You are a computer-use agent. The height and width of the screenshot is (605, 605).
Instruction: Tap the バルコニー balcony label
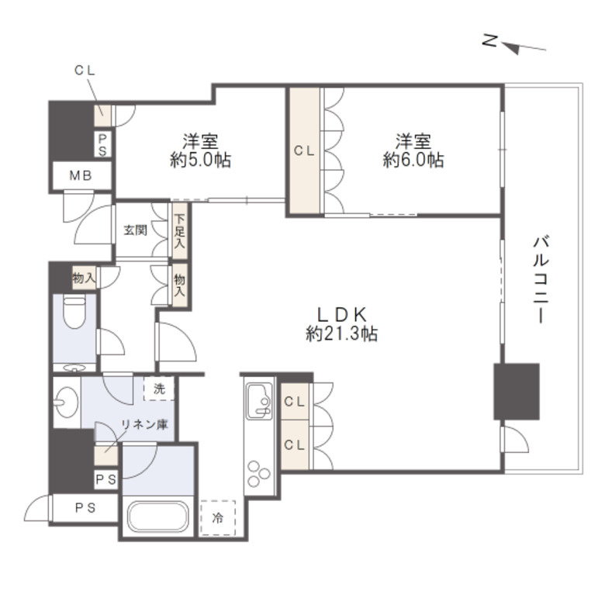(540, 279)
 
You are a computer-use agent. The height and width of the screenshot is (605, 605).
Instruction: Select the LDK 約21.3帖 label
(342, 324)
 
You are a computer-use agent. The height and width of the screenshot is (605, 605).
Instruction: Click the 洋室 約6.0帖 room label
(413, 151)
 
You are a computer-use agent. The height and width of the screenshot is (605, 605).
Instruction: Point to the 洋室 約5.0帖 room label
(200, 151)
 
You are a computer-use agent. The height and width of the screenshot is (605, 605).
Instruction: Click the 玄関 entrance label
(136, 230)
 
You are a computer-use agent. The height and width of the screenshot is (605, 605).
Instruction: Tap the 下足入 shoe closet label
(179, 231)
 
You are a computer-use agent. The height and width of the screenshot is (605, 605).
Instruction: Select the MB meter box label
(81, 176)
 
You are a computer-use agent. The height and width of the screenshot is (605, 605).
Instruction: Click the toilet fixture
(74, 313)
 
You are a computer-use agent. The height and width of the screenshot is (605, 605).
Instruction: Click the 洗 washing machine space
(159, 389)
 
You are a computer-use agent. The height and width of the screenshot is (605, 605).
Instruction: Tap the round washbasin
(64, 402)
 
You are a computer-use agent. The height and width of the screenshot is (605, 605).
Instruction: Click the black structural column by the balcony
(516, 391)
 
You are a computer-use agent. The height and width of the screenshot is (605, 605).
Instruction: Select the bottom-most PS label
(81, 508)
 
